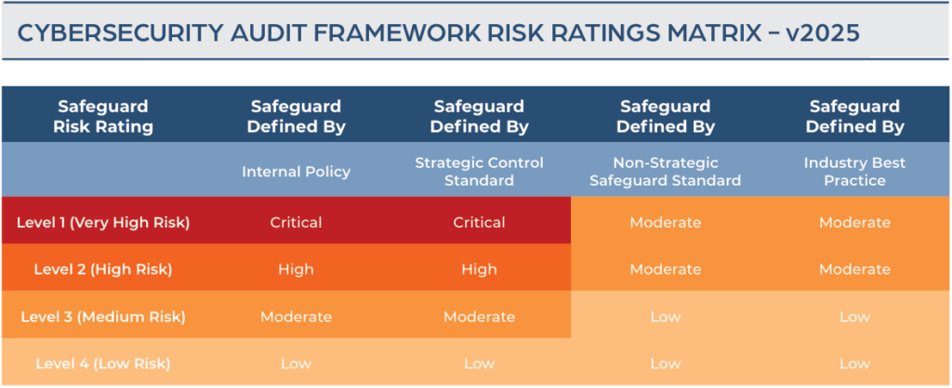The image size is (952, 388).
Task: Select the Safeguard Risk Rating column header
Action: point(102,116)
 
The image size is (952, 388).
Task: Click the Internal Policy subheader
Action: point(297,172)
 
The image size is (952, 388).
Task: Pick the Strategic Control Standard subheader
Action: point(479,172)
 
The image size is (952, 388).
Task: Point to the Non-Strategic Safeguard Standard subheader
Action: point(666,172)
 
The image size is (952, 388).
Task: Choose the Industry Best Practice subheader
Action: point(855,172)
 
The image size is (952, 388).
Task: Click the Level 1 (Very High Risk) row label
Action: point(103,223)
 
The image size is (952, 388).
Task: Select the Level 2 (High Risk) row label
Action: point(103,269)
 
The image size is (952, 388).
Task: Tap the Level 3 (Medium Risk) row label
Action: point(103,317)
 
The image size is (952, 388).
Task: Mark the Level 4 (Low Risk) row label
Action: point(103,364)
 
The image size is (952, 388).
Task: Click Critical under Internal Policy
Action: point(297,223)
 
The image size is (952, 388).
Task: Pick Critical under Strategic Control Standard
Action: point(479,223)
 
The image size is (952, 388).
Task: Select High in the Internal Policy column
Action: point(297,269)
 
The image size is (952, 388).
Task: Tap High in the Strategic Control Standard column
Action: point(479,269)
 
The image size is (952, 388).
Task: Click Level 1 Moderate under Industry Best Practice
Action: point(855,223)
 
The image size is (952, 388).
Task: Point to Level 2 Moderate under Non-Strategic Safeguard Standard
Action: point(666,269)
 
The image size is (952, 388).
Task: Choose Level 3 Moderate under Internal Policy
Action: point(297,317)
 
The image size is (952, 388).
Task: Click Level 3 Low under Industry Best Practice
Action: point(855,317)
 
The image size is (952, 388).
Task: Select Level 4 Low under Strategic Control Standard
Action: point(479,364)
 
